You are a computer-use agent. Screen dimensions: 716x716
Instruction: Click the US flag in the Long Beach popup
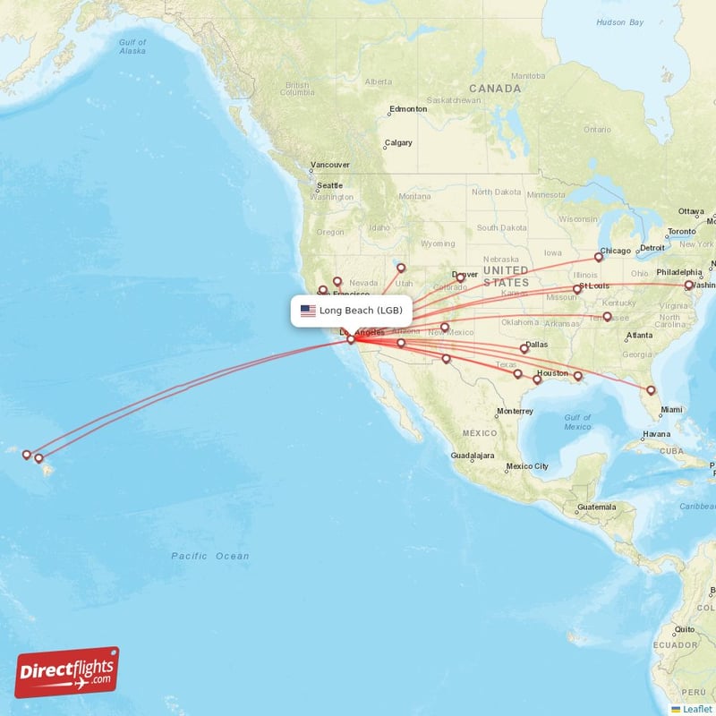(x=308, y=311)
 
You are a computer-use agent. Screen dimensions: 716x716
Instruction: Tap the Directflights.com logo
(x=67, y=672)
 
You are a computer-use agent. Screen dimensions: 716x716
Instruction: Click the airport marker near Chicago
(x=599, y=257)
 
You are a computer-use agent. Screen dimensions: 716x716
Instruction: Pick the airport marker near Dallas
(x=524, y=348)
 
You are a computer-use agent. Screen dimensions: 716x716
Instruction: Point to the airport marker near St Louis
(x=577, y=288)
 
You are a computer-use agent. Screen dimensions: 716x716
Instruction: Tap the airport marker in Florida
(x=651, y=389)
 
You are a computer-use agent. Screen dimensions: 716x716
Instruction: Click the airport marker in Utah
(x=401, y=267)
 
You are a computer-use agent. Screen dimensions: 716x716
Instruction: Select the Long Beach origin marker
(x=351, y=339)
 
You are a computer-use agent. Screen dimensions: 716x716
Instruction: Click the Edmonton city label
(x=408, y=109)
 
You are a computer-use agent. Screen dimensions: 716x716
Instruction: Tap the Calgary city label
(x=398, y=143)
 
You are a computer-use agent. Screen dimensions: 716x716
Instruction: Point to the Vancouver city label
(x=329, y=165)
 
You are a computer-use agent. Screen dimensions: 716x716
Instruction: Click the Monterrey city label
(x=514, y=412)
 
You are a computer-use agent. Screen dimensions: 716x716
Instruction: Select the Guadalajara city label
(x=473, y=456)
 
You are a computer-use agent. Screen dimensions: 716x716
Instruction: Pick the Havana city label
(x=656, y=434)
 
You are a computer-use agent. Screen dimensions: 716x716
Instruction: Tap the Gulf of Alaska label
(x=132, y=47)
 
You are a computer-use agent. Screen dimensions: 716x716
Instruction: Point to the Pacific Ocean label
(x=210, y=556)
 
